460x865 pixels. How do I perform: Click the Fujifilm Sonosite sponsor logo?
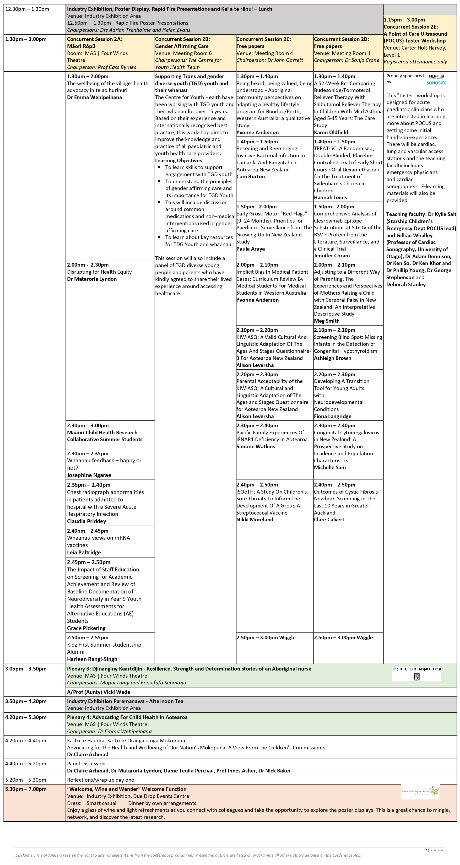(x=436, y=80)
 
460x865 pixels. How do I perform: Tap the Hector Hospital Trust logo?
(x=416, y=674)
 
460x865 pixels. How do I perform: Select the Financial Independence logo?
(x=420, y=792)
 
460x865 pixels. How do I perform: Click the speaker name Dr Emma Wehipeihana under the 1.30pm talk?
(x=94, y=98)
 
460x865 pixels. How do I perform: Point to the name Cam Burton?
(x=251, y=176)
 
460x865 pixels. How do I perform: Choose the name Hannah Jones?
(x=331, y=197)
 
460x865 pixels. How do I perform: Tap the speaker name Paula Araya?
(x=251, y=249)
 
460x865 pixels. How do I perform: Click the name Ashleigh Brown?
(x=332, y=358)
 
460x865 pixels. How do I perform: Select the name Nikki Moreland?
(x=255, y=520)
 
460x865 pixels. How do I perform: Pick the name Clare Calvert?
(x=329, y=520)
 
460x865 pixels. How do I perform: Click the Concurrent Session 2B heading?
(x=182, y=39)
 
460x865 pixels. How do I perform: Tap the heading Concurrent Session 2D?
(x=342, y=39)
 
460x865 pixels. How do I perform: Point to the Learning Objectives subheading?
(x=178, y=160)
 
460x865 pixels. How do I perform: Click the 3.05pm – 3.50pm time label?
(x=26, y=669)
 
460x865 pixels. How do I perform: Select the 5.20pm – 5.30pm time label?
(x=26, y=780)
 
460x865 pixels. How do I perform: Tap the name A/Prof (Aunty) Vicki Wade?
(x=98, y=692)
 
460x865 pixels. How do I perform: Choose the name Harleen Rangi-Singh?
(x=92, y=659)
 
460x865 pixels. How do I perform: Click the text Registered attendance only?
(x=415, y=62)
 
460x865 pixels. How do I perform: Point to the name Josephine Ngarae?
(x=89, y=475)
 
